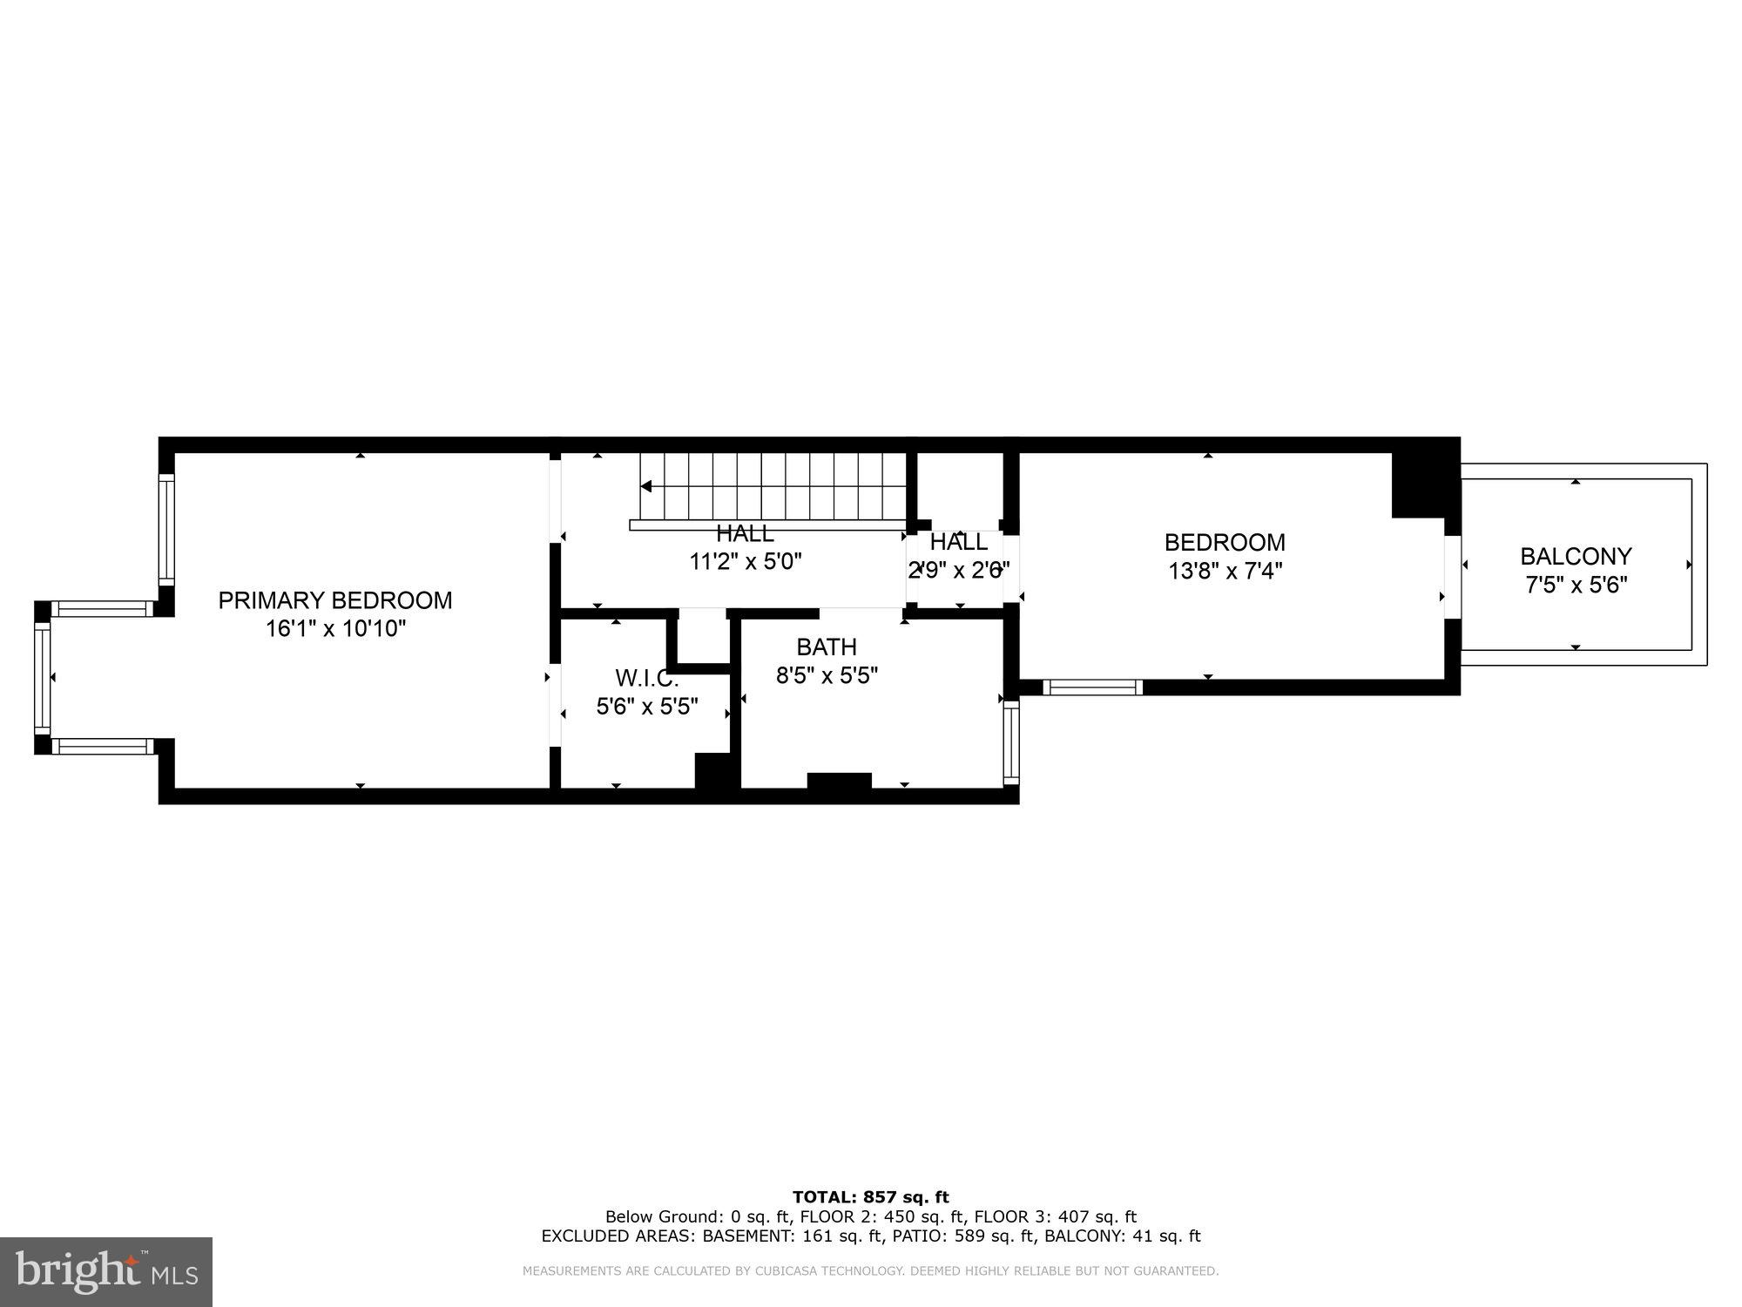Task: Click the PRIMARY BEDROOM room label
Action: (334, 600)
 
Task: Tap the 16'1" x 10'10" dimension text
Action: (335, 628)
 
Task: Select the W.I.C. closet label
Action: (646, 678)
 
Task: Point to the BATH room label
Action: (826, 647)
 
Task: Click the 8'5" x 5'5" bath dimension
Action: (826, 675)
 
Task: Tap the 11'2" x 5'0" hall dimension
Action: (745, 561)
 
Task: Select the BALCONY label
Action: (1575, 556)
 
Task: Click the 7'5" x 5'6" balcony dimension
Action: (1575, 585)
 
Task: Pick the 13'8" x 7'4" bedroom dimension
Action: (1224, 572)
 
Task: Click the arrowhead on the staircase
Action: (646, 486)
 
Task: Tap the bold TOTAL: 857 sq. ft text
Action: (870, 1197)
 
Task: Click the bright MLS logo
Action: (105, 1272)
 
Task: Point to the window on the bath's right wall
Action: (1010, 743)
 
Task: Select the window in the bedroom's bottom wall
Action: (1092, 687)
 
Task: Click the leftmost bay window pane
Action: (42, 678)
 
